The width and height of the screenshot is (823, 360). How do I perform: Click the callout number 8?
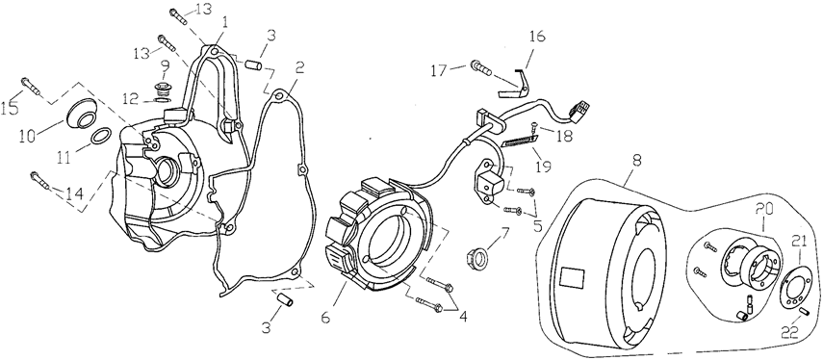(636, 161)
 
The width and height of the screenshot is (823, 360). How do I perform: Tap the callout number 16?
(537, 37)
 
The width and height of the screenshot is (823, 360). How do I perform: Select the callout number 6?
(325, 318)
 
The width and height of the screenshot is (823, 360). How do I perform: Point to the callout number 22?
(790, 332)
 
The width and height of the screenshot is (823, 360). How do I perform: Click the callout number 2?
(299, 67)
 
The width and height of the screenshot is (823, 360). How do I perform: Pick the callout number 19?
(542, 167)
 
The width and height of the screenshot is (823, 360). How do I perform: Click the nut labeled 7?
(477, 257)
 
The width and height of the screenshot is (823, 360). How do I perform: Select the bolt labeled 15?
(31, 87)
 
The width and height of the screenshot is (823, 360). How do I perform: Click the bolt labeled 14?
(40, 180)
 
